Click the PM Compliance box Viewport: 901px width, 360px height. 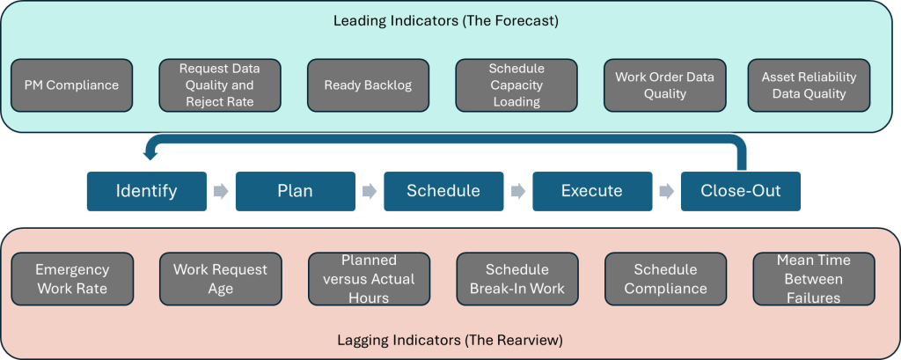coord(71,85)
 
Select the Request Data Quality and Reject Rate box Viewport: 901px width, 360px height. coord(220,85)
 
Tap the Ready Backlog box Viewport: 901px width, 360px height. coord(368,85)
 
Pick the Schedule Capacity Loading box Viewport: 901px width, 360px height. coord(516,85)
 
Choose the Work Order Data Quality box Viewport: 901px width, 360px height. coord(664,85)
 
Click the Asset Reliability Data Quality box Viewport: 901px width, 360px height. coord(809,85)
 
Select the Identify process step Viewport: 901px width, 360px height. coord(146,191)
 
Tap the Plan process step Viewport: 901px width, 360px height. coord(295,191)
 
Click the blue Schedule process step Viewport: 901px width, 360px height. coord(443,191)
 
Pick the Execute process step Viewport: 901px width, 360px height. coord(592,191)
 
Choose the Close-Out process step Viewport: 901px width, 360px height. coord(740,191)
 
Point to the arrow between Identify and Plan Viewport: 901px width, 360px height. coord(221,191)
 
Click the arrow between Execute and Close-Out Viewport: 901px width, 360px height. coord(666,191)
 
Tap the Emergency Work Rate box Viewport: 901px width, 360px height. coord(72,279)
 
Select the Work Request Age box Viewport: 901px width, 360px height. coord(220,279)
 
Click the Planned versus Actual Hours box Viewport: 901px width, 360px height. coord(369,279)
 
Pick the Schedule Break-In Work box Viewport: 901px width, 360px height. coord(516,279)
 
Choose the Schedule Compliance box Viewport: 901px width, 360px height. coord(665,279)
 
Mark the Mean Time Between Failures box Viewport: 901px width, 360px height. coord(814,279)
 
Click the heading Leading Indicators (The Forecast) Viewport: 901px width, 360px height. coord(446,20)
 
